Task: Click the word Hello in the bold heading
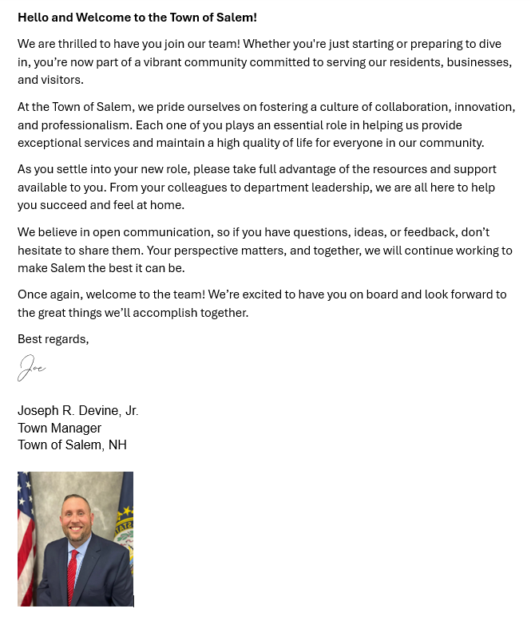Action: point(34,17)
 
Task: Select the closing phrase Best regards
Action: point(53,339)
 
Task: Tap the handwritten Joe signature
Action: point(32,369)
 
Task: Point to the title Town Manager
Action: point(59,428)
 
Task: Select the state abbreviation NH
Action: point(117,444)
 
